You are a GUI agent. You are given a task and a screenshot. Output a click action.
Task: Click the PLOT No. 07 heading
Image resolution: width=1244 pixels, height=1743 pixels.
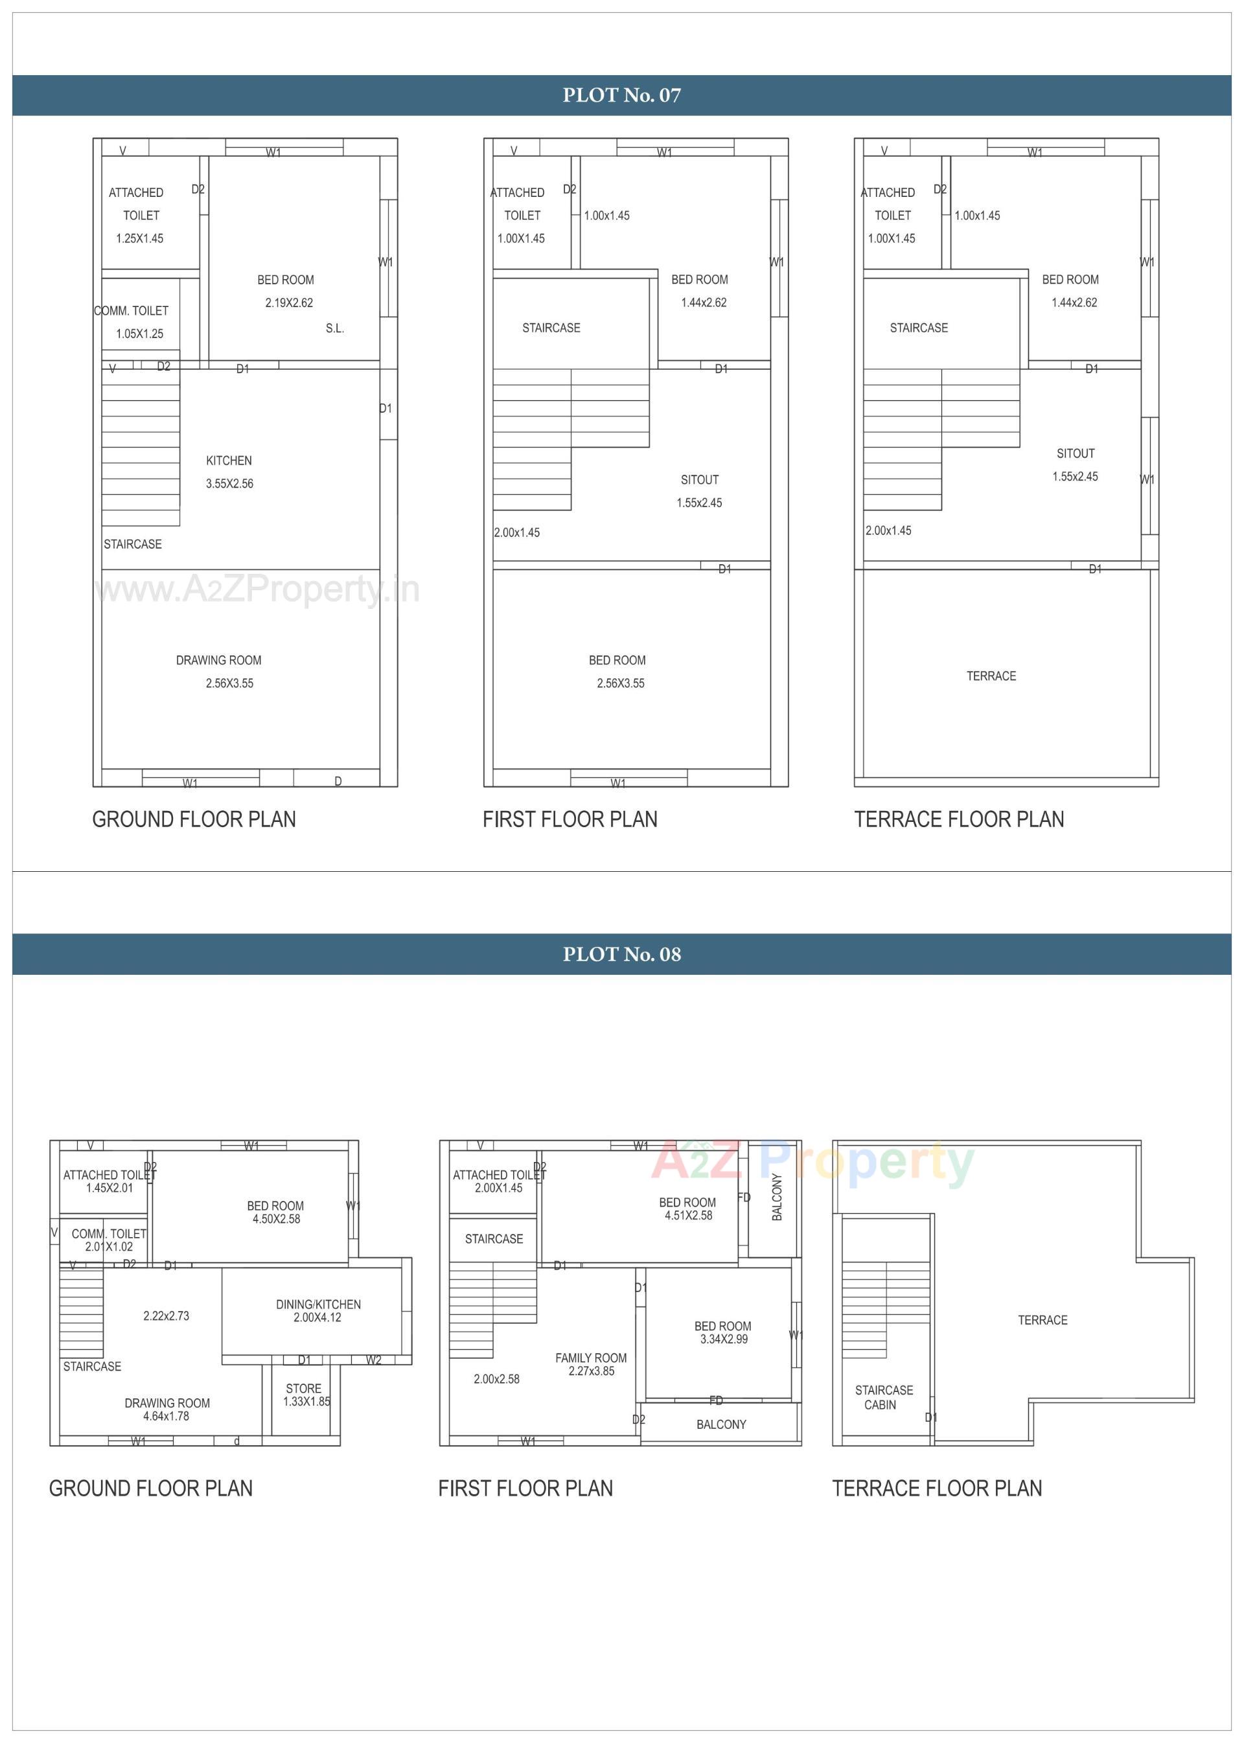click(621, 95)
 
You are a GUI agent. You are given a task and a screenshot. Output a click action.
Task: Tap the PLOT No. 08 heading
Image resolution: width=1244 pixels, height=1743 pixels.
click(621, 954)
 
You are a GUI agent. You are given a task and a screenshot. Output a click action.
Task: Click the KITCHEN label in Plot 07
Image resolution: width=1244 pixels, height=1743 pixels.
click(228, 461)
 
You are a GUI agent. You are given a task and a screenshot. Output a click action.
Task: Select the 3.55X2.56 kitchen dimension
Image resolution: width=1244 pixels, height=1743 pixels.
click(229, 484)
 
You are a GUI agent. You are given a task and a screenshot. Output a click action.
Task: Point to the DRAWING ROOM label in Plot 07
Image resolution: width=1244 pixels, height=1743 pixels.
click(218, 660)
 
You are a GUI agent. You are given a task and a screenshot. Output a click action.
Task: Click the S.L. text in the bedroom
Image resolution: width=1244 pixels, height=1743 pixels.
click(335, 328)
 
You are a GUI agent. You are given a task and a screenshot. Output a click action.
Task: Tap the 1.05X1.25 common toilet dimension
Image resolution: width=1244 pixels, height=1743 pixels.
click(139, 334)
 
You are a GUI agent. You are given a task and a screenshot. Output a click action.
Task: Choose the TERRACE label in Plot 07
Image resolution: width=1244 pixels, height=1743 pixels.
click(991, 676)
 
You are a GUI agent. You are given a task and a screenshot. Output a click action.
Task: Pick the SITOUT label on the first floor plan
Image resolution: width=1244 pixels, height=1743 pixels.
click(699, 480)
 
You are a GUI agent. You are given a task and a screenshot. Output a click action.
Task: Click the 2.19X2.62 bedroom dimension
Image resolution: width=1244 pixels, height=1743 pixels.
click(289, 302)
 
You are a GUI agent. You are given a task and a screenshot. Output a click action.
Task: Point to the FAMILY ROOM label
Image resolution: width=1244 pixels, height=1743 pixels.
click(591, 1358)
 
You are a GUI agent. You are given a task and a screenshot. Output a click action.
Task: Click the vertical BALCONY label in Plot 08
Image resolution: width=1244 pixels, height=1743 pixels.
click(777, 1197)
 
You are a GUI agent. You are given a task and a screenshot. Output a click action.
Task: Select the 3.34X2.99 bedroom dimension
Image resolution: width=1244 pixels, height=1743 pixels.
click(723, 1339)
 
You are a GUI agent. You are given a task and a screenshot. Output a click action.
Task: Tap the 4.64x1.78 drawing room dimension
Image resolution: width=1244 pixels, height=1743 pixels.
click(167, 1416)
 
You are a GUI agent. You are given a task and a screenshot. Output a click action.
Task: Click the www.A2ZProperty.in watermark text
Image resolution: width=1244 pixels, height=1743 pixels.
click(257, 589)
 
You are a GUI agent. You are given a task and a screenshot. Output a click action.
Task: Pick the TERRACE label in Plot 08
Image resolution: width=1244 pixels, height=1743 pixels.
click(1042, 1320)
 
